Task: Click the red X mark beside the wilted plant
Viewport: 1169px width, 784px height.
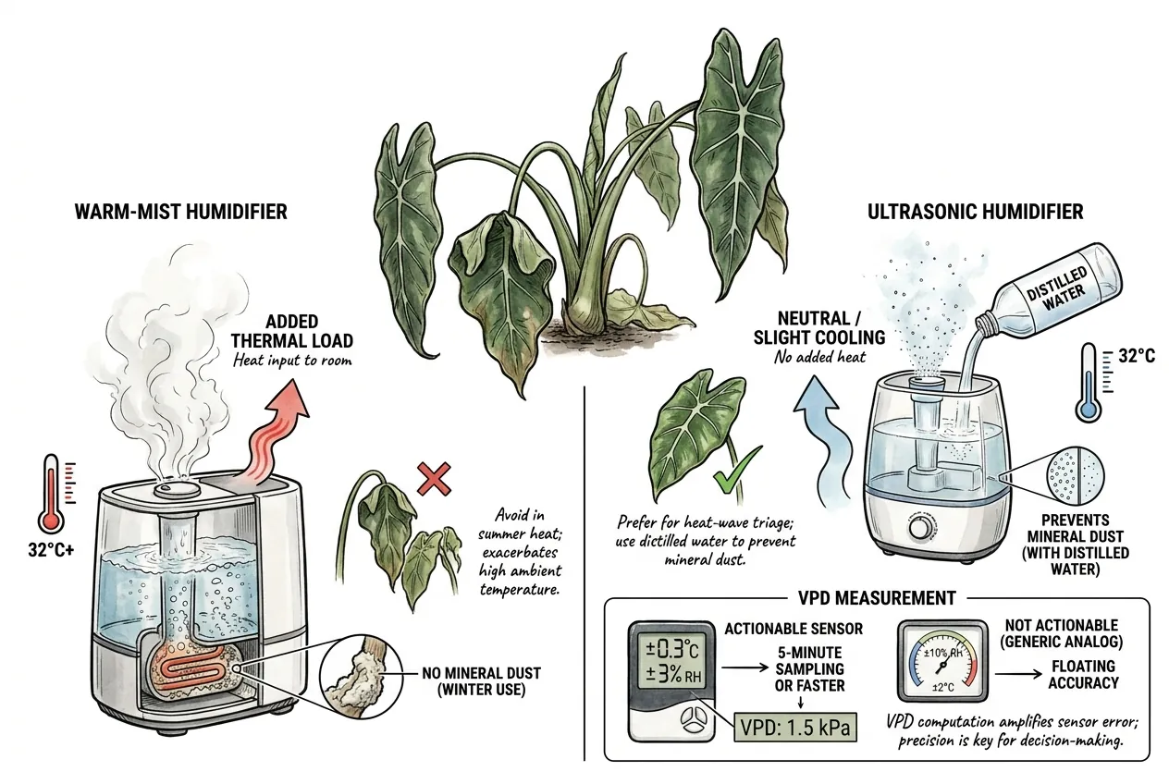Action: click(434, 478)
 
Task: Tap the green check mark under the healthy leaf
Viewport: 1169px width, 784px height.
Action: click(737, 471)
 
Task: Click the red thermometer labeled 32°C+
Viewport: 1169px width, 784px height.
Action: click(52, 493)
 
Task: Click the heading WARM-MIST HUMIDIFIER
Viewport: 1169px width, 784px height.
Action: click(181, 212)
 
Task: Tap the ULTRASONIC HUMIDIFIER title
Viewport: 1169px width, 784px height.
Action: click(976, 212)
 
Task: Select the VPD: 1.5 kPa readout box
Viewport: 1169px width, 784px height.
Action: click(795, 727)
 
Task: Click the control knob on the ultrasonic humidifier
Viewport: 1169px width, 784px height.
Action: click(920, 531)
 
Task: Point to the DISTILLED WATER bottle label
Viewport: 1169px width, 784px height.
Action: click(1056, 289)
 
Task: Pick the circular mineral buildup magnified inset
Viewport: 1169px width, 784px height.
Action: click(361, 676)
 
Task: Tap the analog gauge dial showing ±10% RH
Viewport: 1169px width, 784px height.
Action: click(942, 661)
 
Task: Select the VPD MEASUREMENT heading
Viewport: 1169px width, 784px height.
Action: click(878, 598)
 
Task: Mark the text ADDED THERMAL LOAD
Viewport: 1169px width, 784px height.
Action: click(292, 331)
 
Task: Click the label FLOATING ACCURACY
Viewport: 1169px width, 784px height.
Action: click(1084, 674)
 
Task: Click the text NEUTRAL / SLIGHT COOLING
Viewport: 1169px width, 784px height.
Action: click(819, 328)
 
